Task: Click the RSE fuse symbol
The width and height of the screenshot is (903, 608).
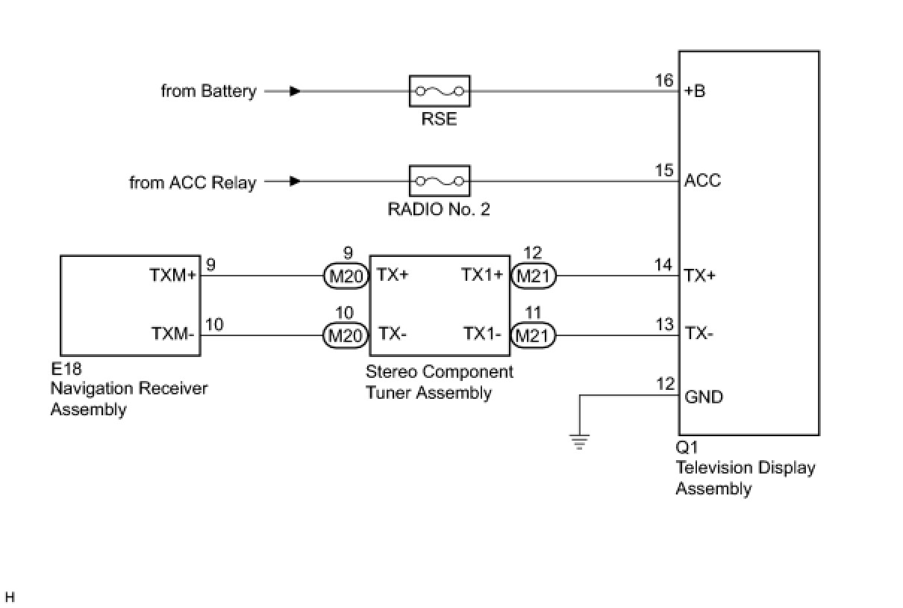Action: pyautogui.click(x=440, y=91)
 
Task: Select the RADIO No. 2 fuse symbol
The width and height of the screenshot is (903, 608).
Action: pyautogui.click(x=440, y=182)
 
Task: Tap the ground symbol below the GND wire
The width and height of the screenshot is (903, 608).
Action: pyautogui.click(x=579, y=441)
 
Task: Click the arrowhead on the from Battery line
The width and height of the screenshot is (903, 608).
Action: pyautogui.click(x=296, y=91)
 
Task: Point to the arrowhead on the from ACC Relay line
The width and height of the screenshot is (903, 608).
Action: pyautogui.click(x=296, y=181)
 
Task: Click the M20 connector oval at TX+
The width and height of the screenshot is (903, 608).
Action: pyautogui.click(x=346, y=276)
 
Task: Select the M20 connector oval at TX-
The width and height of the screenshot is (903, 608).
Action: pyautogui.click(x=346, y=335)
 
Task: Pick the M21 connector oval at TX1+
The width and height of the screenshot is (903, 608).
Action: pyautogui.click(x=533, y=276)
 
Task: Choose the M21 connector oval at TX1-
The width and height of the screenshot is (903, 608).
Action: pyautogui.click(x=533, y=335)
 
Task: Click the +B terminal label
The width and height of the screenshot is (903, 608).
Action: pyautogui.click(x=695, y=92)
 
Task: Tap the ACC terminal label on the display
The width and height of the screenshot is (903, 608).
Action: pyautogui.click(x=702, y=181)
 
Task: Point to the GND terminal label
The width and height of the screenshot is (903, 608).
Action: pyautogui.click(x=704, y=397)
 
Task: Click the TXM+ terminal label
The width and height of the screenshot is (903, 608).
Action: pyautogui.click(x=172, y=275)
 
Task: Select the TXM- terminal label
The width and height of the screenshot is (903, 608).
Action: pyautogui.click(x=173, y=334)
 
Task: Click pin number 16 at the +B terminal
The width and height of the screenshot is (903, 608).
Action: pyautogui.click(x=664, y=81)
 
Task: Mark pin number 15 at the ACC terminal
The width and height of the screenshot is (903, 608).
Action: pyautogui.click(x=664, y=170)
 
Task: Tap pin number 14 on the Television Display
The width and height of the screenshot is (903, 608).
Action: pyautogui.click(x=663, y=264)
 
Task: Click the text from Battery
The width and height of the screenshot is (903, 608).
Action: pyautogui.click(x=208, y=91)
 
